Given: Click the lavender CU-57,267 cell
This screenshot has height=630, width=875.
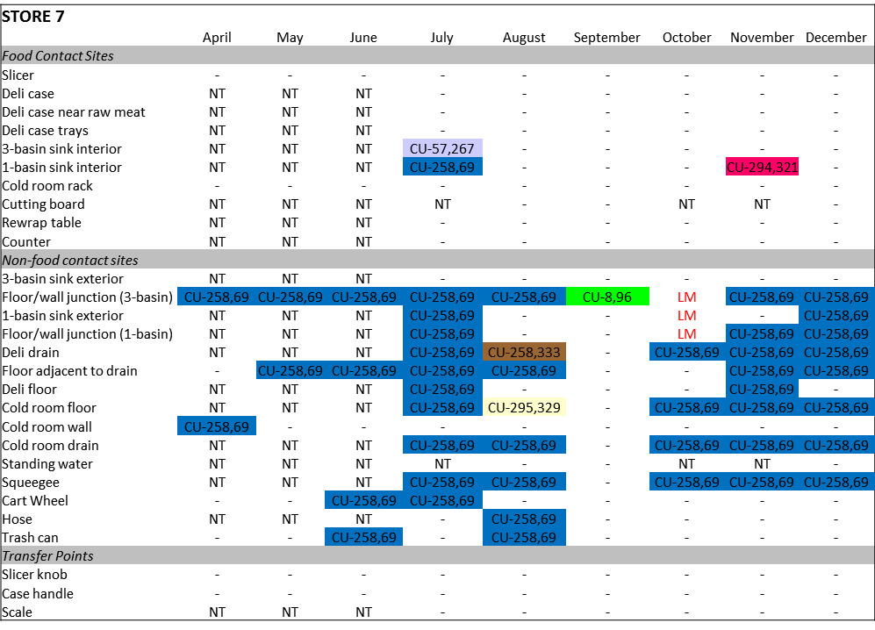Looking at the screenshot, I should pos(442,148).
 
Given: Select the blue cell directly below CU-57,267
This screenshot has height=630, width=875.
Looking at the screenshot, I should pos(442,167).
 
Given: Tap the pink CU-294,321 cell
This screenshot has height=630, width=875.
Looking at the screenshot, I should pos(762,167).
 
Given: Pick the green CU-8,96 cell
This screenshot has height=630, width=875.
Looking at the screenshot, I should pos(607,297).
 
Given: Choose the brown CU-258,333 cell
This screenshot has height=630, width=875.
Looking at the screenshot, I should pos(524,352).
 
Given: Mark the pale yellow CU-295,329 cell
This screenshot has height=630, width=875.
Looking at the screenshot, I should pos(524,407).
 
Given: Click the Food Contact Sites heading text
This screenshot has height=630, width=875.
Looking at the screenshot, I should pos(58,55).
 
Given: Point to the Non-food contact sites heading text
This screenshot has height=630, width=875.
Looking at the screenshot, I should pos(70,260).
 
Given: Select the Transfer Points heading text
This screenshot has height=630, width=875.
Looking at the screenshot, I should pos(48,555).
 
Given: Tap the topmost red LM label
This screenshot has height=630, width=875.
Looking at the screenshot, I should pos(687,297).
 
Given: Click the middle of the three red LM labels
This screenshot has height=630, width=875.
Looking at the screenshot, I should pos(687,316).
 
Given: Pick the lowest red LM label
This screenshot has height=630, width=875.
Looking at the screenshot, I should pos(687,334).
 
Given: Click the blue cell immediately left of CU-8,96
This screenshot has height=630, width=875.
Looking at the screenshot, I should pos(524,297).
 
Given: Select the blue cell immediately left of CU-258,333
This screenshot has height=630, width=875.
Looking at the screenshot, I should pos(442,352).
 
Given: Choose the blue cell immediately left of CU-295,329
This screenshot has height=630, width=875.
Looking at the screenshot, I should pos(442,407).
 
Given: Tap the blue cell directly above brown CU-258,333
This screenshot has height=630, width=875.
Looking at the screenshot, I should pos(524,297).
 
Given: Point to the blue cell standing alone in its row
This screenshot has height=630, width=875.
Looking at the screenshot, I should pos(217,426).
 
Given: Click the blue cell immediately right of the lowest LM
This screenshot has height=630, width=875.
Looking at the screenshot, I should pos(762,333).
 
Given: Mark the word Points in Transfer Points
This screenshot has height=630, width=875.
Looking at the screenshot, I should pos(73,555).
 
